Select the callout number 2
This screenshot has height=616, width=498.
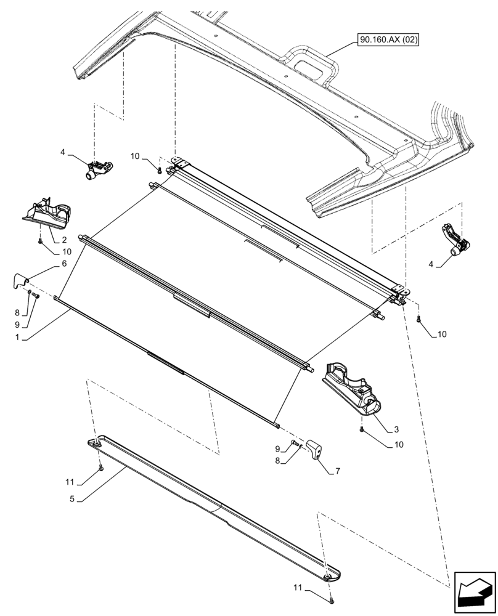(x=64, y=239)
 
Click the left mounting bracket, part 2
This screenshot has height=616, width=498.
(x=48, y=211)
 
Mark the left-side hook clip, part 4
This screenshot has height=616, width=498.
(x=98, y=168)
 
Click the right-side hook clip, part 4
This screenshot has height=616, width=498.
(x=455, y=241)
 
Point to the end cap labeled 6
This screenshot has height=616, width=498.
(x=22, y=280)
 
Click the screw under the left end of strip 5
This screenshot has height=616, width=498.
(x=101, y=468)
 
